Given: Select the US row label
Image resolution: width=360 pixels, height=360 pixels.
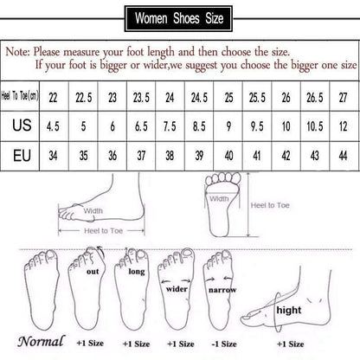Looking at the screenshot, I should click(23, 125).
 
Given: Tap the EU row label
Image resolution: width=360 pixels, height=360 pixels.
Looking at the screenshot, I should click(23, 156).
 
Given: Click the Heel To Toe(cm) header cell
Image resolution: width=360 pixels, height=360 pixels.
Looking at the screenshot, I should click(23, 94).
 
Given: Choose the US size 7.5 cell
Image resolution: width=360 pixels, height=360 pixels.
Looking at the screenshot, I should click(170, 125).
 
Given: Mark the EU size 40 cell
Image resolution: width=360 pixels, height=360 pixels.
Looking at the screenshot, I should click(228, 156).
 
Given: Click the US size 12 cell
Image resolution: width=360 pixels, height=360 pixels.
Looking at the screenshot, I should click(344, 125).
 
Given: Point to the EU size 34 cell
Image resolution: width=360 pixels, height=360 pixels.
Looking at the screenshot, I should click(54, 156).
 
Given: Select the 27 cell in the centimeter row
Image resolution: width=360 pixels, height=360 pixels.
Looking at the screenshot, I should click(344, 94).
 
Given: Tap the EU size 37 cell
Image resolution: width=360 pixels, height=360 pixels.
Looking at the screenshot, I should click(141, 156).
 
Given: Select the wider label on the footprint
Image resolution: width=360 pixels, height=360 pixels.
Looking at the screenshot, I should click(177, 288).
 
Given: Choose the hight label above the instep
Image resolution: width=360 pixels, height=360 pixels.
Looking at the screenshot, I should click(288, 309).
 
